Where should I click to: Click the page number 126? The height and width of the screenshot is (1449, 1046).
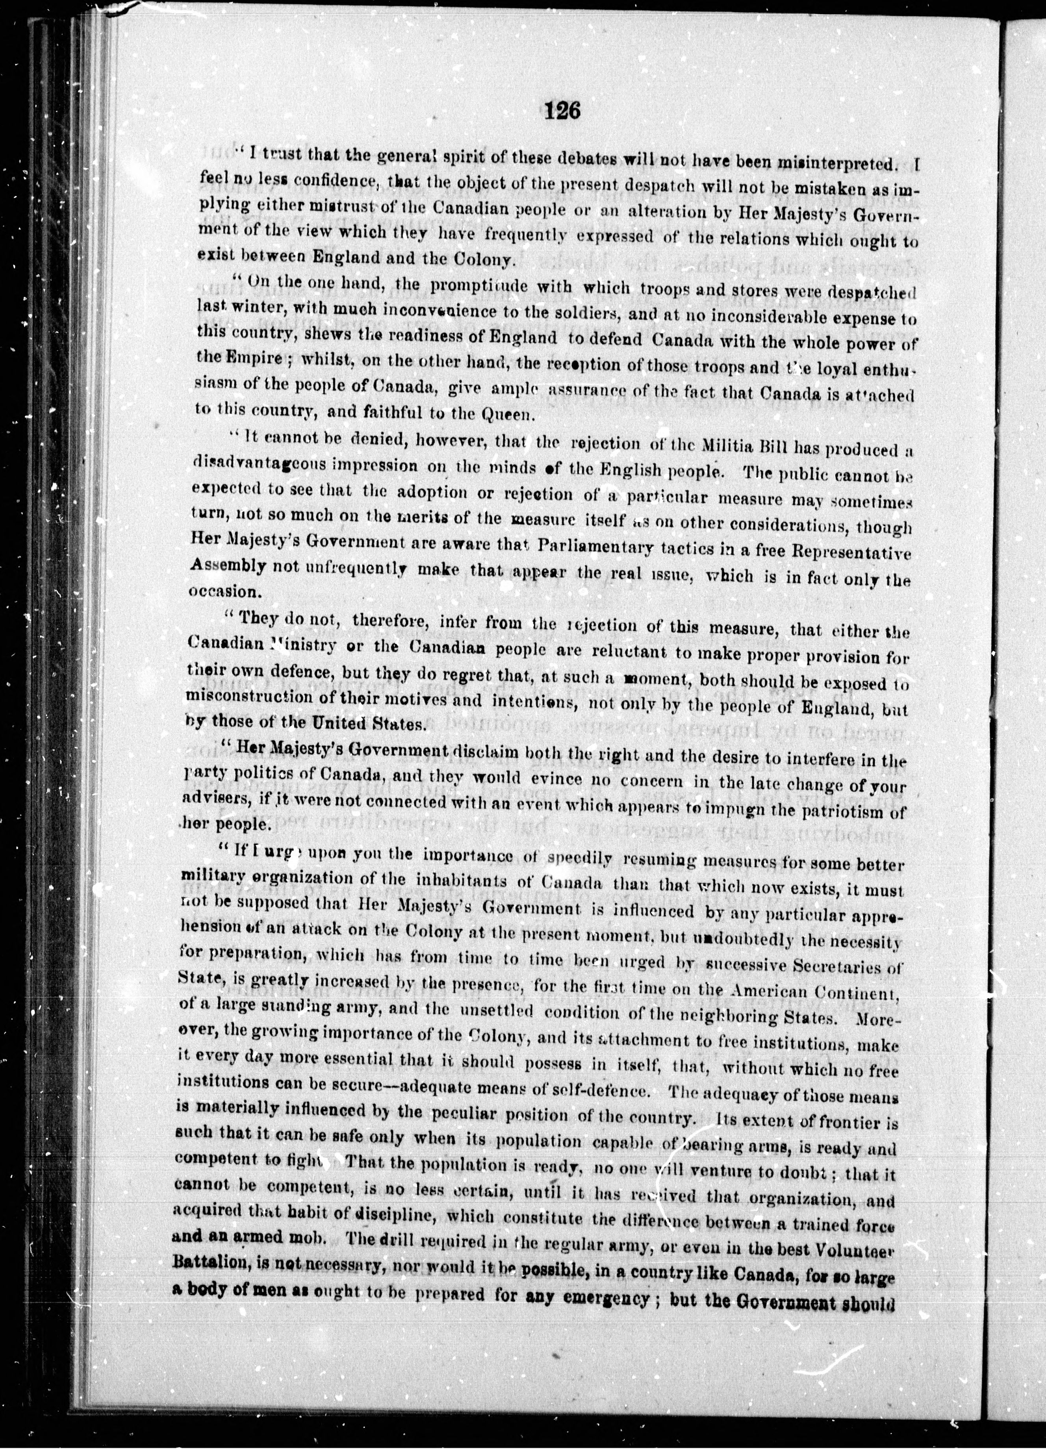(x=562, y=112)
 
